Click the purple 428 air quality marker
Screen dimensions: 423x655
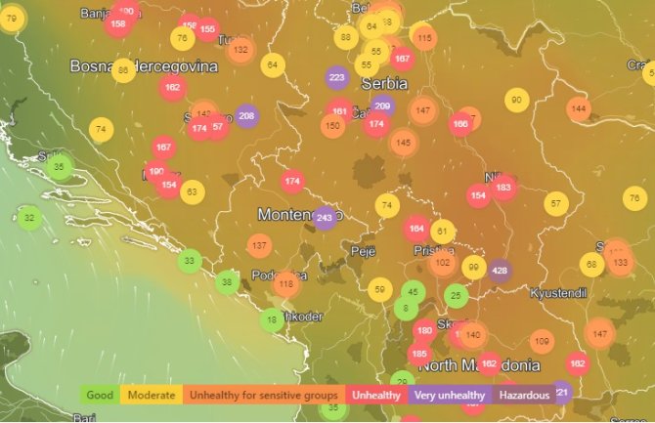click(501, 271)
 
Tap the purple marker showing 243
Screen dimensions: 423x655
click(326, 218)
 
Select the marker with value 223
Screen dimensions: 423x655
click(337, 77)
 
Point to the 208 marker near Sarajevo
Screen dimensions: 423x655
click(246, 116)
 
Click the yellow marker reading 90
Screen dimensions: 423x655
click(516, 100)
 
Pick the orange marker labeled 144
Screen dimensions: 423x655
click(579, 108)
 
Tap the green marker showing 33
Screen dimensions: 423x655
click(190, 260)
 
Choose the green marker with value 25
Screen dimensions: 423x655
click(456, 295)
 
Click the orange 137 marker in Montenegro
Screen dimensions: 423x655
click(258, 245)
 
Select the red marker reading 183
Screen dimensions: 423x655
click(503, 188)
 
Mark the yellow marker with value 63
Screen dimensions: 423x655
click(192, 191)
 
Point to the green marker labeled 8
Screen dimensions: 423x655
click(406, 309)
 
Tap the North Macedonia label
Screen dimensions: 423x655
click(479, 365)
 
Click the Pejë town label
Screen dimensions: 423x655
click(363, 251)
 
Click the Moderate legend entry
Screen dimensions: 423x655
click(152, 396)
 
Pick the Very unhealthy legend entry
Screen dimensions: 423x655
click(449, 396)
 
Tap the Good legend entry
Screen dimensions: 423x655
click(100, 396)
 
